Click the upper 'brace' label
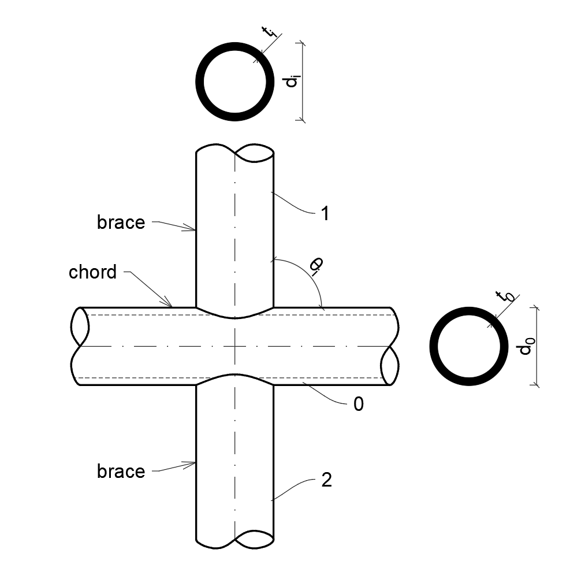tap(121, 222)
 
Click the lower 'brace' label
tap(121, 472)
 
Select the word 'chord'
tap(92, 272)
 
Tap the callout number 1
tap(325, 214)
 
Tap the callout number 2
tap(326, 480)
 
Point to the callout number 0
tap(359, 404)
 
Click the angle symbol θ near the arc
tap(315, 265)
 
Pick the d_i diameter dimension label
tap(292, 81)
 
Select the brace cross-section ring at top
tap(235, 81)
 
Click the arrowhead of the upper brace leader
tap(194, 230)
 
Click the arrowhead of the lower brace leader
tap(194, 463)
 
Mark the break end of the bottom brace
tap(235, 540)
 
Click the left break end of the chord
tap(80, 346)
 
